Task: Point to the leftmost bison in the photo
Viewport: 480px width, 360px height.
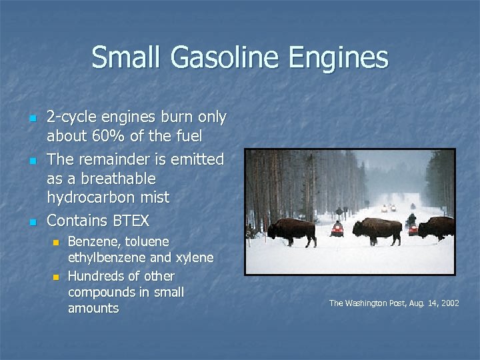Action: (291, 231)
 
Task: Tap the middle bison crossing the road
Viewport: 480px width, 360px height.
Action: (377, 231)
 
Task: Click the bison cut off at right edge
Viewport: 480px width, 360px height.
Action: (437, 228)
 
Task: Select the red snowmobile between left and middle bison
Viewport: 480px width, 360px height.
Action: (337, 229)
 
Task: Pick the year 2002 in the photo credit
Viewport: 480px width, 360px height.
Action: (449, 303)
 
